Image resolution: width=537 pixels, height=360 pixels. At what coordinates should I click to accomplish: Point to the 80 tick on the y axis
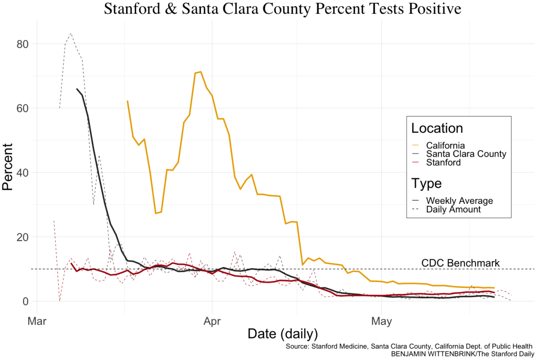click(22, 44)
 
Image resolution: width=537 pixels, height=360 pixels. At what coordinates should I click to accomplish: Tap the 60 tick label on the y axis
click(22, 108)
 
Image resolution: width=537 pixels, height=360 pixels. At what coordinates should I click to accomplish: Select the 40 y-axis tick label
click(22, 173)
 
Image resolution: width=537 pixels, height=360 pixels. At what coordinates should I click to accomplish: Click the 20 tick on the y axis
click(22, 237)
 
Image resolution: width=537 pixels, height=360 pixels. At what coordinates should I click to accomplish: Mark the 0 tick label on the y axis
click(26, 301)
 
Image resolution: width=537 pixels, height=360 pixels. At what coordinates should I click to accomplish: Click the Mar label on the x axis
click(37, 321)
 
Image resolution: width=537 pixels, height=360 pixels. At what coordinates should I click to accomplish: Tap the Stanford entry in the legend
click(443, 163)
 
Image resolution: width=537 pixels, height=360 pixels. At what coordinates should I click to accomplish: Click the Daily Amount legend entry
click(453, 209)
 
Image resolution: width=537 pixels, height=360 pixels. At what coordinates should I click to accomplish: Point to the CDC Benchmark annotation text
click(460, 263)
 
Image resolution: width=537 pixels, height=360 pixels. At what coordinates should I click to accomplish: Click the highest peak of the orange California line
click(200, 72)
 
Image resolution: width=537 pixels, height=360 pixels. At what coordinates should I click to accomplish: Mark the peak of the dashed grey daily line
click(71, 33)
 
